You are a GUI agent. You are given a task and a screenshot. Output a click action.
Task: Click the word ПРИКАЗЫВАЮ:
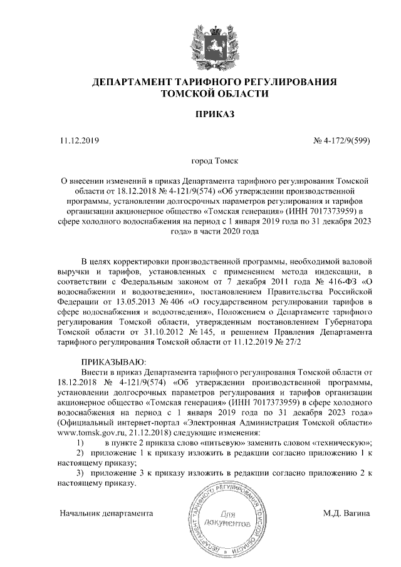[113, 362]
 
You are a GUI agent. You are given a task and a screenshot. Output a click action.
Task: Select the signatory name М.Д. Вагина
[346, 513]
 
